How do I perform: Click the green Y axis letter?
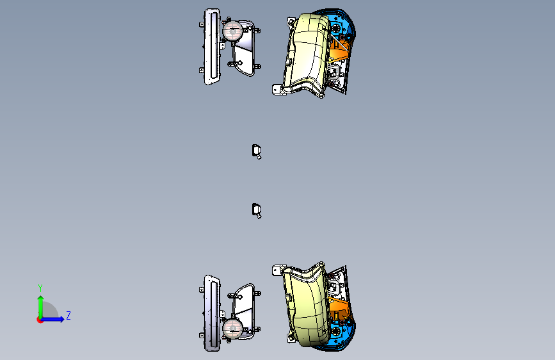pyautogui.click(x=40, y=288)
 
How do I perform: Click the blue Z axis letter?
pyautogui.click(x=68, y=315)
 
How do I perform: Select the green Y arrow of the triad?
pyautogui.click(x=41, y=307)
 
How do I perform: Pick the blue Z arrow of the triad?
pyautogui.click(x=52, y=319)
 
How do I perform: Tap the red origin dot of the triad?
pyautogui.click(x=40, y=320)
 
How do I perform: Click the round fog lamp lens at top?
pyautogui.click(x=232, y=31)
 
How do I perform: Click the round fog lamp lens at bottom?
pyautogui.click(x=232, y=328)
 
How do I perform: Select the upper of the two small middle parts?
pyautogui.click(x=257, y=152)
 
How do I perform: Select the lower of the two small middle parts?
pyautogui.click(x=257, y=211)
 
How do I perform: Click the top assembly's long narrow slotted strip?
pyautogui.click(x=212, y=46)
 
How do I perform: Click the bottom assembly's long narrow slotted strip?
pyautogui.click(x=212, y=313)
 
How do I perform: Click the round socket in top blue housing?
pyautogui.click(x=335, y=28)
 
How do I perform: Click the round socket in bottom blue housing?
pyautogui.click(x=335, y=332)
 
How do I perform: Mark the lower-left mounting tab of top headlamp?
pyautogui.click(x=277, y=89)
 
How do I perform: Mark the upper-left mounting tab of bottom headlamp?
pyautogui.click(x=277, y=271)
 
